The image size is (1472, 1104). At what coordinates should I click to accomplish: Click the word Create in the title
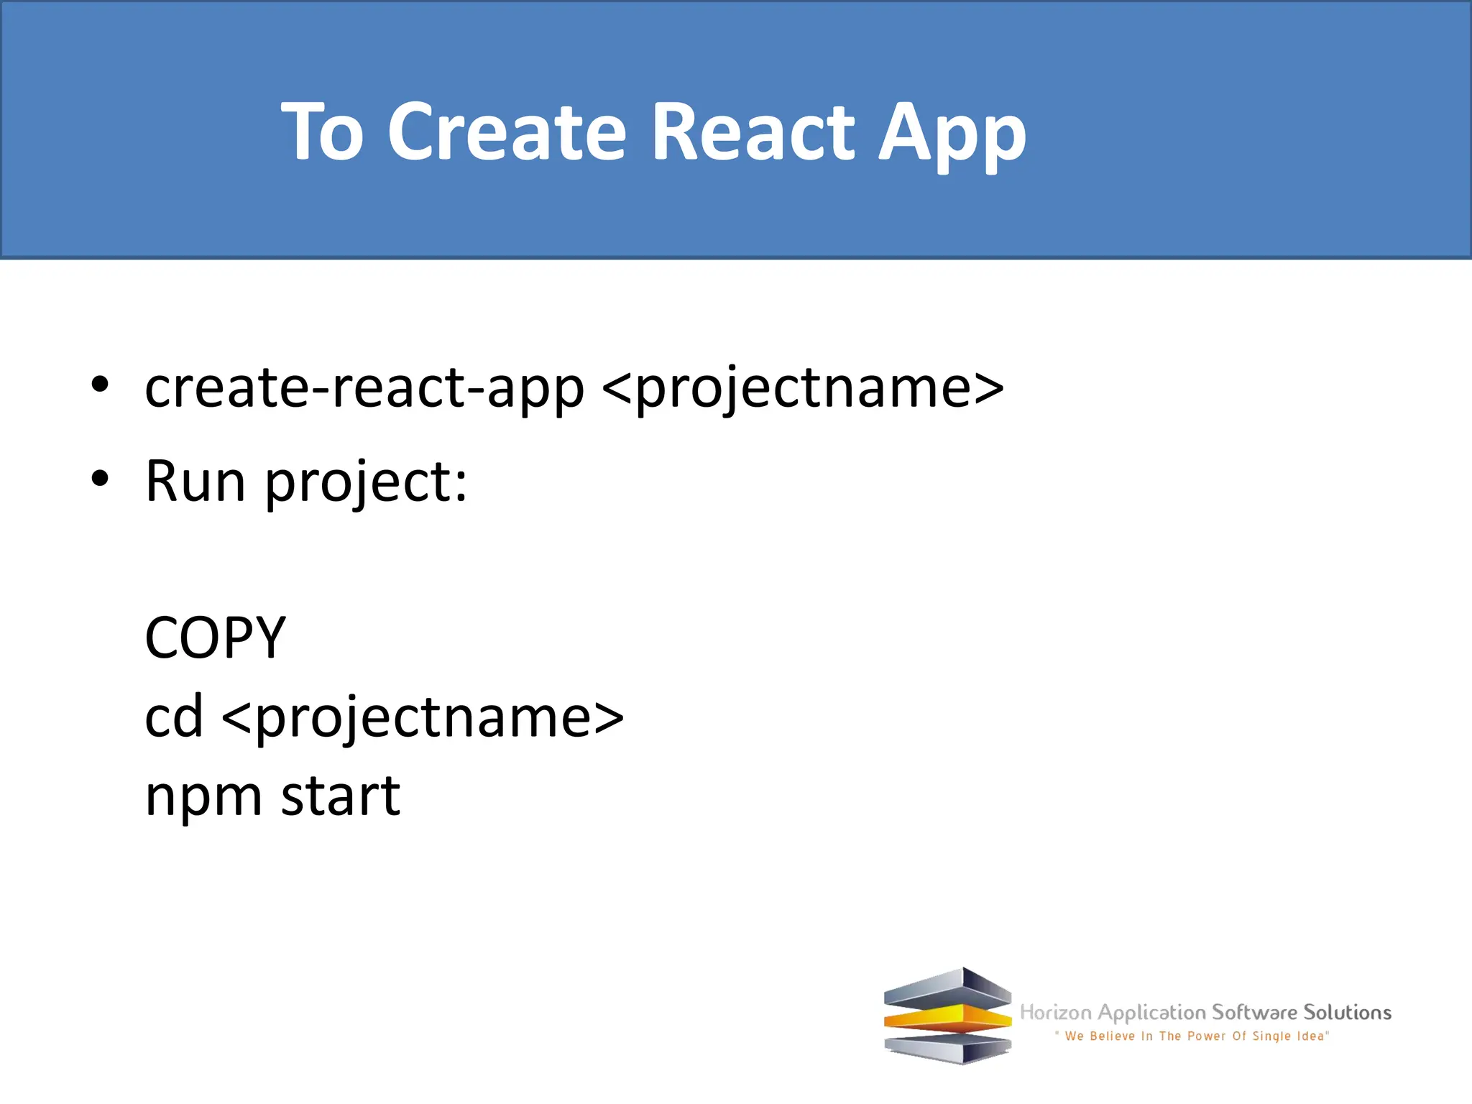click(x=507, y=132)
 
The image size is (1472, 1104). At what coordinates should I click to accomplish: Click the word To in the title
click(x=322, y=132)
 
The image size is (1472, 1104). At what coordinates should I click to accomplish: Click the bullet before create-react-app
click(x=100, y=385)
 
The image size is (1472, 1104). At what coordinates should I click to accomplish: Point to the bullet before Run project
click(x=100, y=478)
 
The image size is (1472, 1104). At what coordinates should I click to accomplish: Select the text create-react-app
click(x=364, y=388)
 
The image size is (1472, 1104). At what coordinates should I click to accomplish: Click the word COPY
click(x=216, y=638)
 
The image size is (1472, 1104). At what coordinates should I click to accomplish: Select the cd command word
click(x=174, y=717)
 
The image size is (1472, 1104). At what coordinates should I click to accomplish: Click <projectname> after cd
click(x=423, y=718)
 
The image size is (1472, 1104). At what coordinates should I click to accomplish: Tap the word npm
click(x=203, y=796)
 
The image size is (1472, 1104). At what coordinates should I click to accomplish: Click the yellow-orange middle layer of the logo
click(x=947, y=1019)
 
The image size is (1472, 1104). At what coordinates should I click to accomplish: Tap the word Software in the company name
click(x=1255, y=1012)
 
